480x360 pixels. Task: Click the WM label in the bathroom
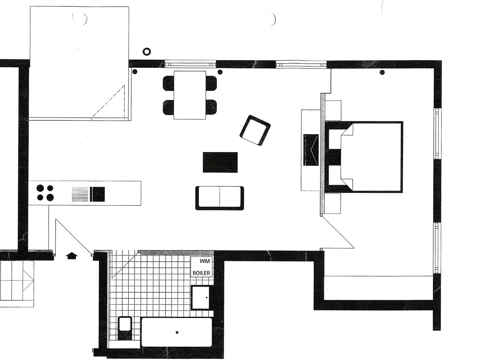click(205, 261)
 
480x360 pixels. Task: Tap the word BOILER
click(202, 273)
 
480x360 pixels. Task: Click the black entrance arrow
click(72, 255)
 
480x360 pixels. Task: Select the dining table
click(190, 95)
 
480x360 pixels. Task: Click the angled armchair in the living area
click(255, 130)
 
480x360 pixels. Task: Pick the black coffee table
click(220, 162)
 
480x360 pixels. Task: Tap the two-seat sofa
click(220, 198)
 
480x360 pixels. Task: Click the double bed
click(364, 157)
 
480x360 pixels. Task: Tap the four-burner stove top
click(45, 193)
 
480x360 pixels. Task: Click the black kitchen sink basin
click(98, 194)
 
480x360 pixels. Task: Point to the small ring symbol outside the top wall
click(147, 52)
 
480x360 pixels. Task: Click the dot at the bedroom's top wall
click(382, 72)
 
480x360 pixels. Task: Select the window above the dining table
click(190, 64)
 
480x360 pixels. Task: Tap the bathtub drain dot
click(177, 332)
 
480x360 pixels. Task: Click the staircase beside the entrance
click(17, 284)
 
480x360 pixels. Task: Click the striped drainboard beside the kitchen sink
click(80, 194)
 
